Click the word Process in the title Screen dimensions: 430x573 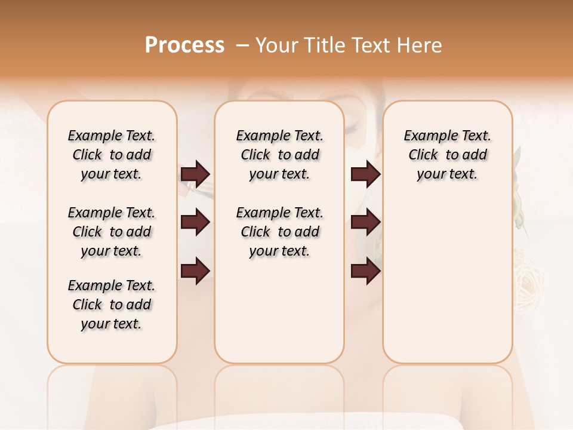(184, 45)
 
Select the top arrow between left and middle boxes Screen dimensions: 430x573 (195, 174)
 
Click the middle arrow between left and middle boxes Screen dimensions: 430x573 (195, 223)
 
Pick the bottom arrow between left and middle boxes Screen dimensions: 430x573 (195, 271)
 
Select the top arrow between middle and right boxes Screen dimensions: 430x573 (366, 174)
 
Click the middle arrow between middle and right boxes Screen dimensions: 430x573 (366, 223)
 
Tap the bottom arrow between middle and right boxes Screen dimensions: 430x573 (366, 271)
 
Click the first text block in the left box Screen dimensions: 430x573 (112, 155)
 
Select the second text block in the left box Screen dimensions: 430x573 (112, 232)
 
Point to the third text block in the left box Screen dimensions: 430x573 (112, 305)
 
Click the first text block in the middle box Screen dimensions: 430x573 (279, 155)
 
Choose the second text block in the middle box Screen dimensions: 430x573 (279, 232)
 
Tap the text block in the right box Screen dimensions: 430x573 (448, 155)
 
